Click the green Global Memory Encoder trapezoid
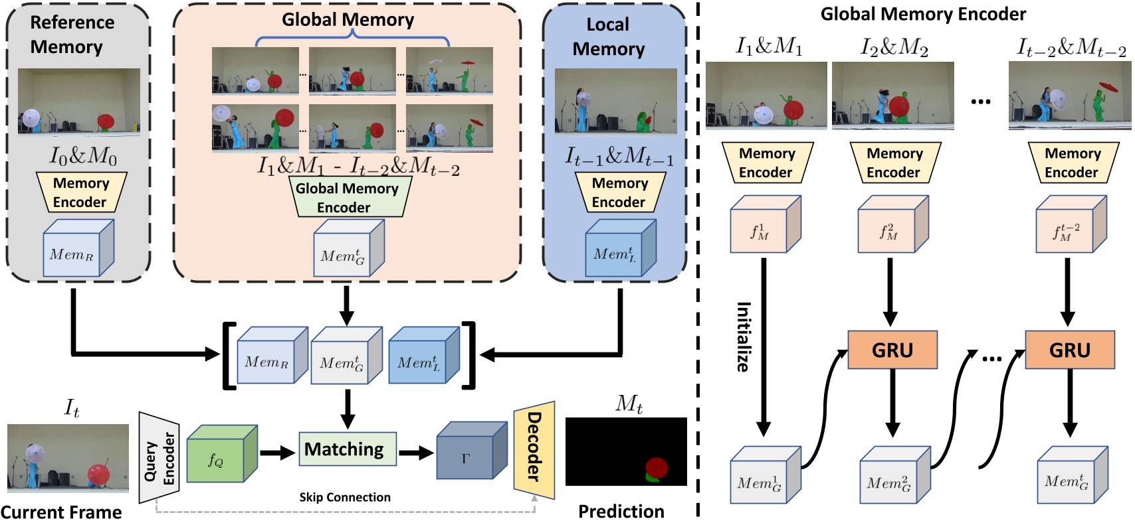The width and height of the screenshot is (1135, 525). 346,198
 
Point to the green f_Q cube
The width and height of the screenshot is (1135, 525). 218,457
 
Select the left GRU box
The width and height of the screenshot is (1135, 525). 892,350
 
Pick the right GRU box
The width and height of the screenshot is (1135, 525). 1069,350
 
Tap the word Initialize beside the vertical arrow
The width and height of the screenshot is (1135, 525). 744,337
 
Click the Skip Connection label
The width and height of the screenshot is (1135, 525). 344,497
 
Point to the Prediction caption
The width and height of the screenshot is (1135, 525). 621,512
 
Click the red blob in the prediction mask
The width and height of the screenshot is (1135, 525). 657,467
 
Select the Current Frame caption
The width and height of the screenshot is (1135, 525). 61,512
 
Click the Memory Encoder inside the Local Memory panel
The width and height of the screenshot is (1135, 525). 619,192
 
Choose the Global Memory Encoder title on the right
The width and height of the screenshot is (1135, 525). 922,14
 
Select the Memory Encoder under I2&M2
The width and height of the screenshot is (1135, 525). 894,163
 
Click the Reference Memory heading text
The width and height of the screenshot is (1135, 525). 71,35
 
